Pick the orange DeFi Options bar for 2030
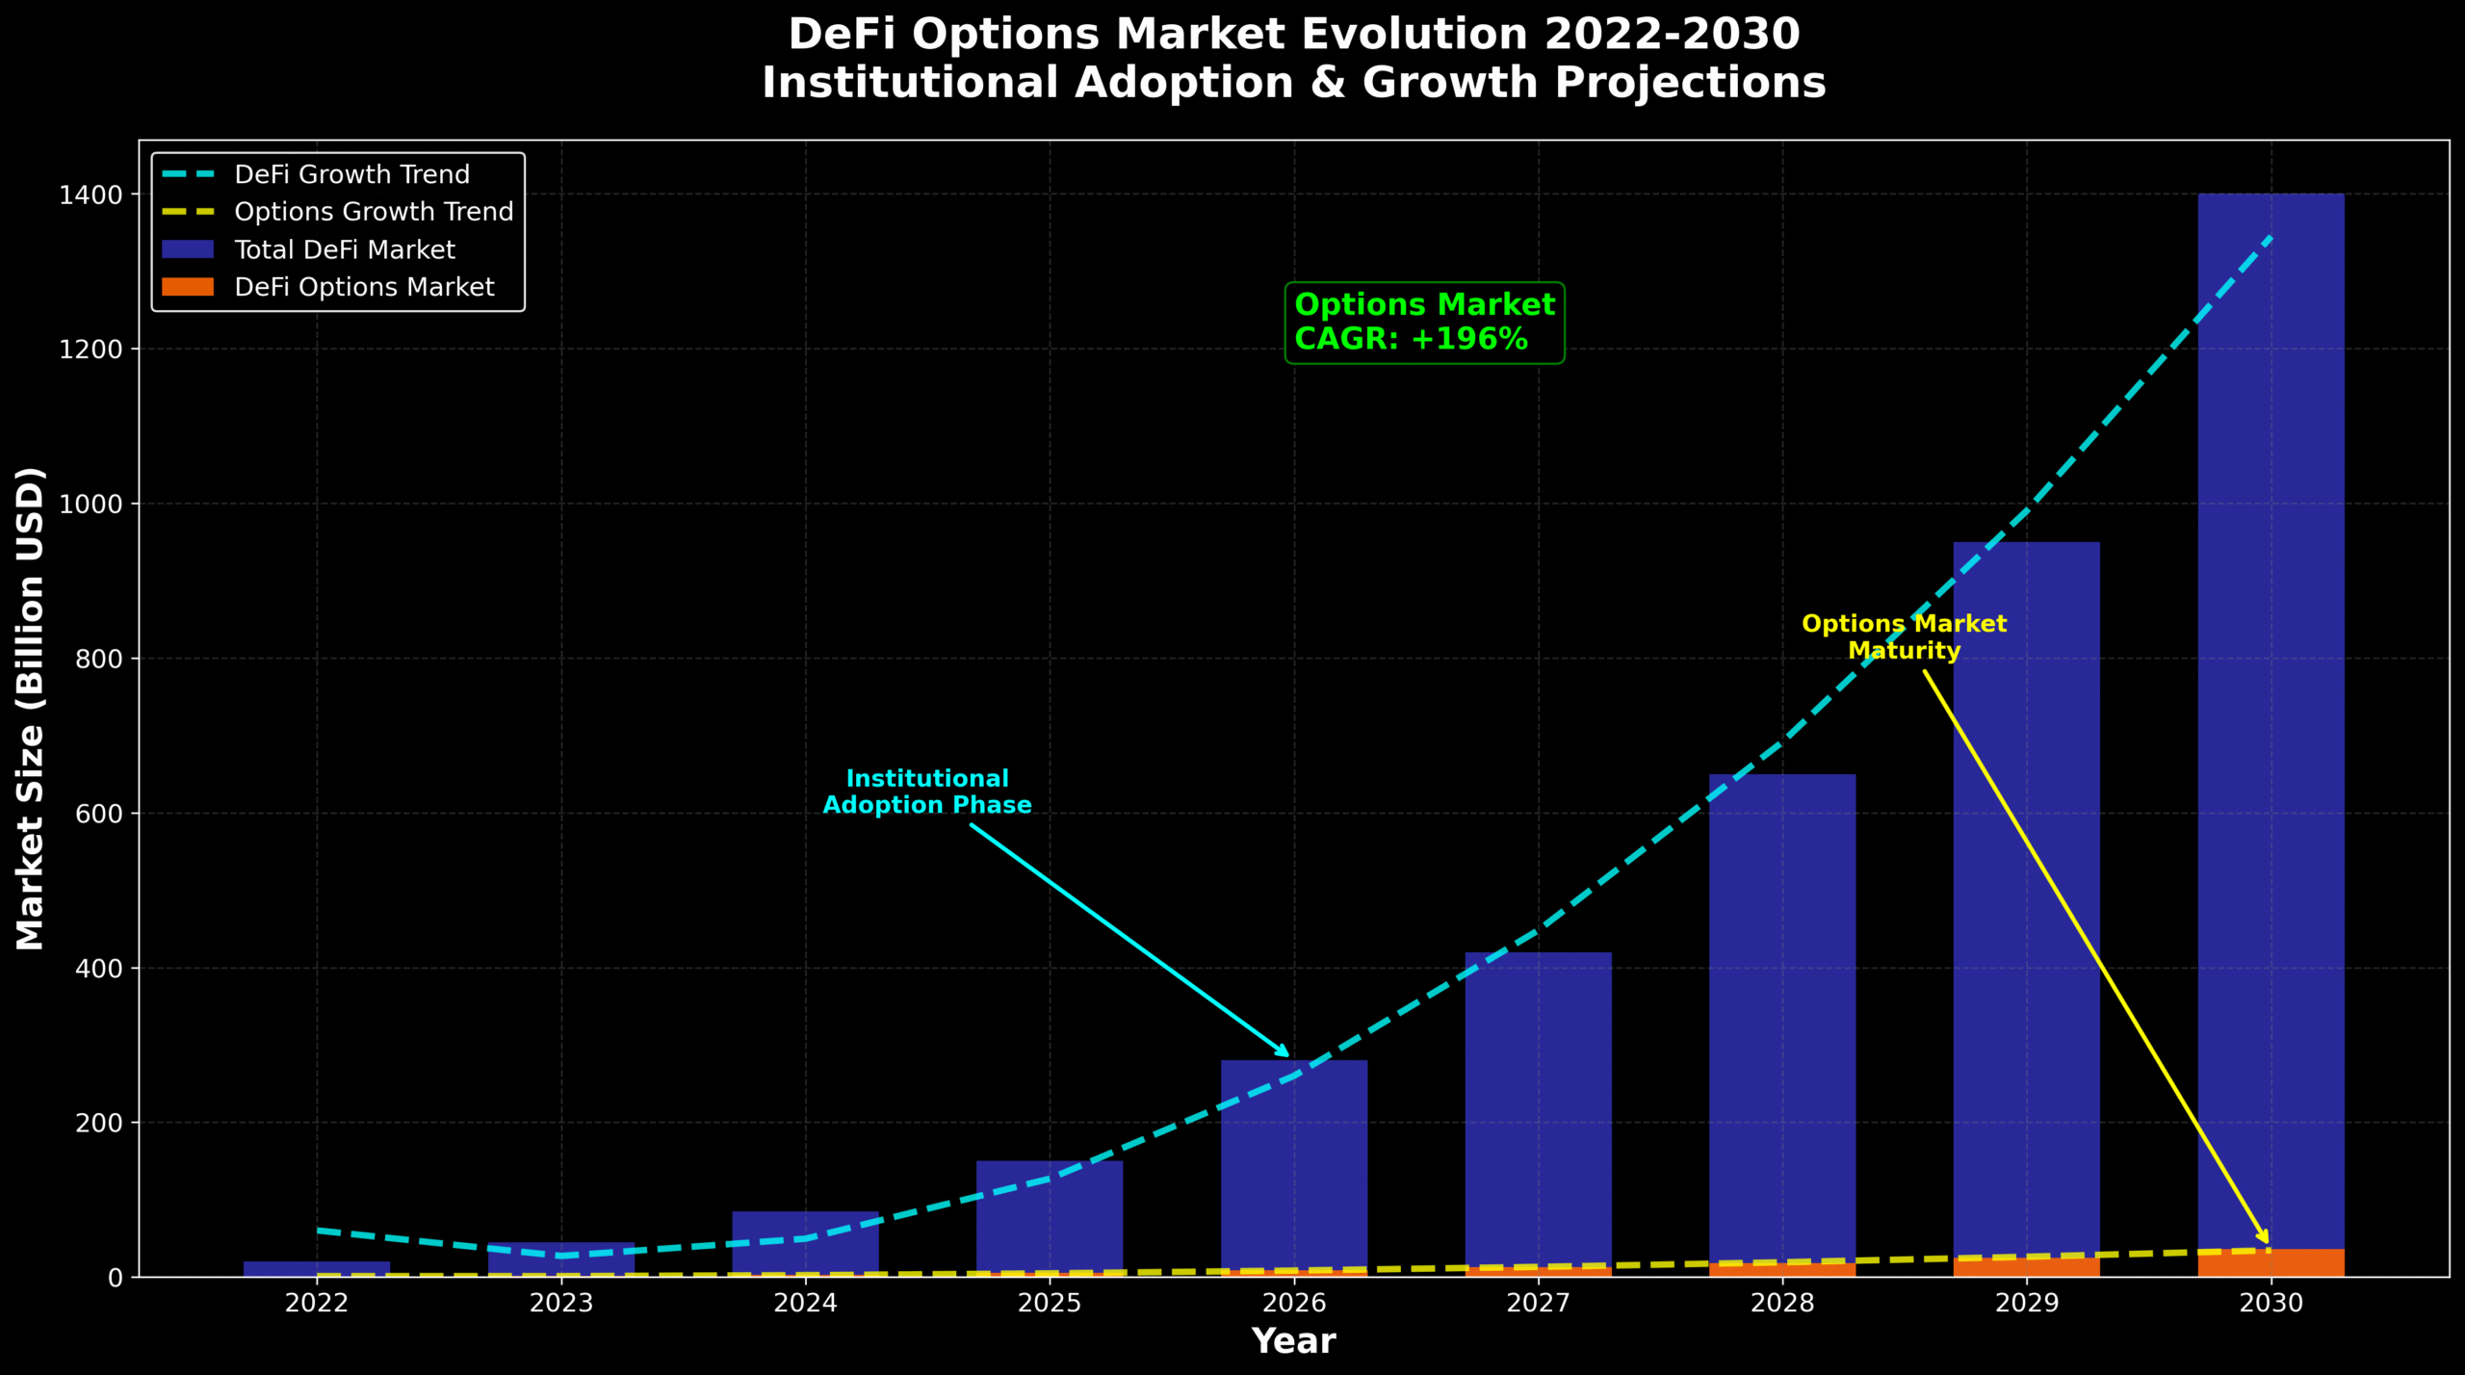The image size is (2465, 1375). (2270, 1263)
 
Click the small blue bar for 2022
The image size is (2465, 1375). (317, 1268)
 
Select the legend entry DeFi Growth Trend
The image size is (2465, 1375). (351, 174)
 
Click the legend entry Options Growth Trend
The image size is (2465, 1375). (374, 212)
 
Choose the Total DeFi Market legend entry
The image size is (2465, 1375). (344, 250)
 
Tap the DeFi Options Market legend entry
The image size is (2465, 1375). (363, 288)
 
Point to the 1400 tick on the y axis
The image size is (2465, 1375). (91, 195)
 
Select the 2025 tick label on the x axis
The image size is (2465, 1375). (1050, 1303)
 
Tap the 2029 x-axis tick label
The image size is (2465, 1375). (2027, 1303)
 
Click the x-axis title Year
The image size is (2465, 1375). (1293, 1341)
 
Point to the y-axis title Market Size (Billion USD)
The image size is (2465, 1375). (31, 708)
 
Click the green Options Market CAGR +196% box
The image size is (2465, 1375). (1424, 323)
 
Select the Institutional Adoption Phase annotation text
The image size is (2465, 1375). (926, 791)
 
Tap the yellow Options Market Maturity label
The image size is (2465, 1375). (1904, 637)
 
